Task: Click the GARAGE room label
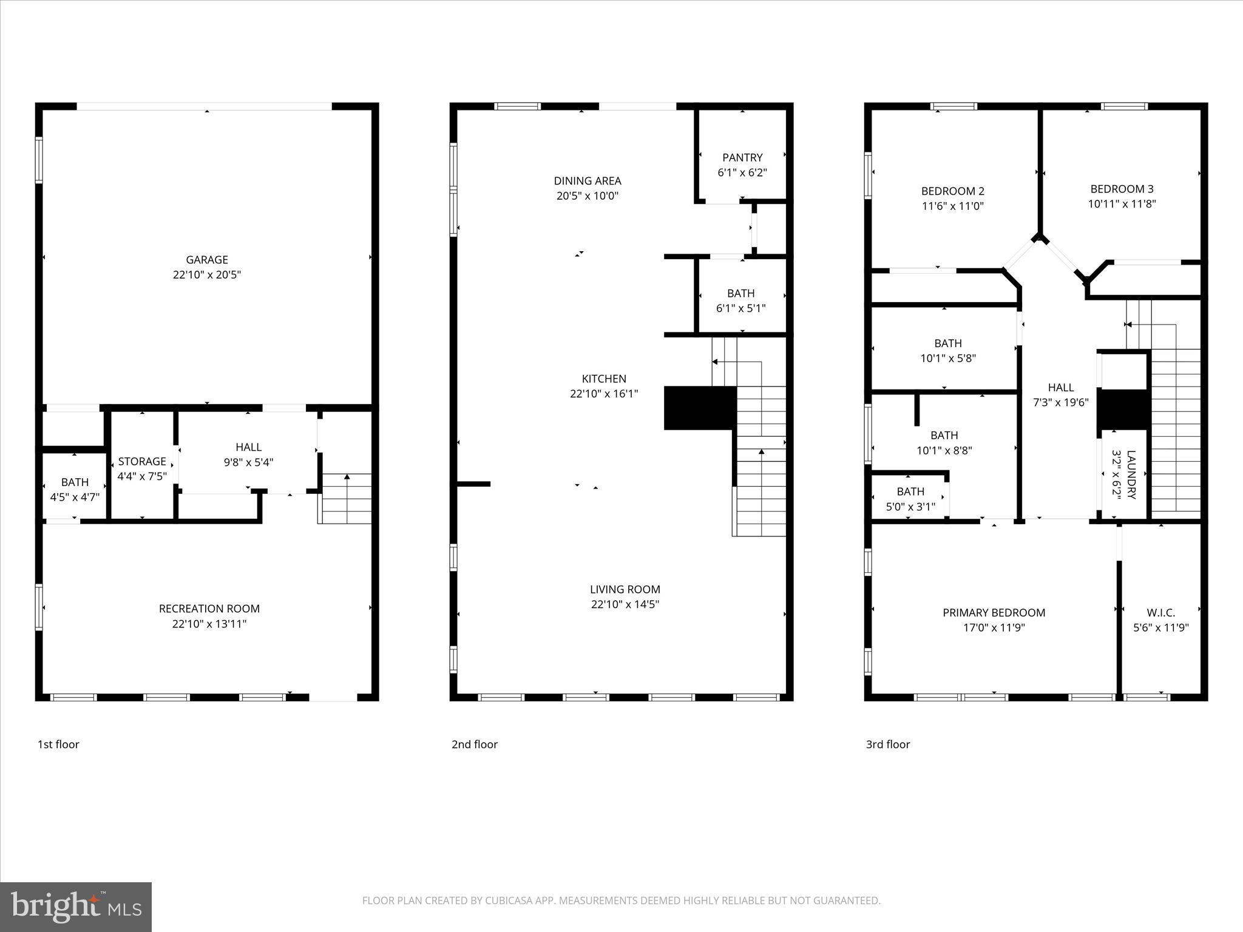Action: [x=207, y=260]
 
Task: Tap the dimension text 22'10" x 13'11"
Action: [x=209, y=624]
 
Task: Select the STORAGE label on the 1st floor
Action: [x=142, y=461]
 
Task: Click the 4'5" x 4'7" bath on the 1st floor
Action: [x=75, y=489]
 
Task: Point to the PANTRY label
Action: [x=742, y=158]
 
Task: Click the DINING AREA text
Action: [x=588, y=181]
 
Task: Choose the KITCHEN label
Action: [x=604, y=379]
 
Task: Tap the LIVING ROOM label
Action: [x=625, y=589]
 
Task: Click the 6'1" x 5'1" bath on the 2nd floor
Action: [x=740, y=300]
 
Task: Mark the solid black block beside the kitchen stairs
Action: [x=700, y=408]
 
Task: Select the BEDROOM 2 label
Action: [x=952, y=191]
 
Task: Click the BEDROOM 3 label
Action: [x=1122, y=189]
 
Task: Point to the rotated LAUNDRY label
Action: [x=1131, y=474]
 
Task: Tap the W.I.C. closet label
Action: [x=1160, y=613]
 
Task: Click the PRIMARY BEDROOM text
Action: [x=994, y=613]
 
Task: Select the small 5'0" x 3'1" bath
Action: [x=910, y=499]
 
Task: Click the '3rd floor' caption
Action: [x=887, y=745]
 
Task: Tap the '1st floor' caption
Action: [x=58, y=745]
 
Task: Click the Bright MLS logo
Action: [x=76, y=907]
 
